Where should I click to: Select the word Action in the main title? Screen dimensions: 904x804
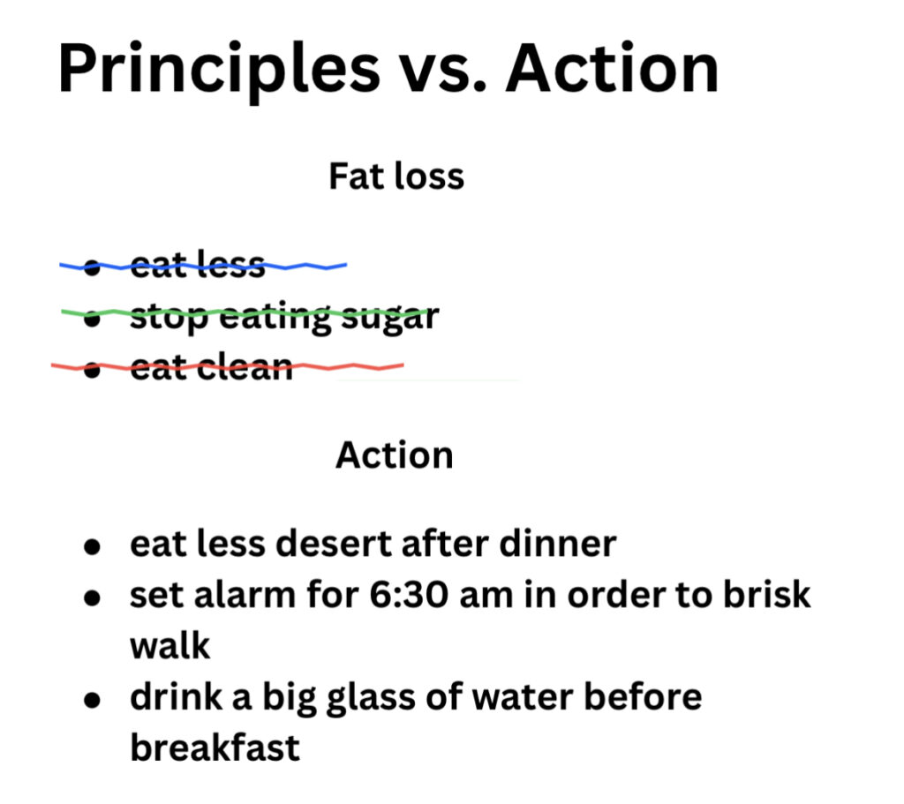613,68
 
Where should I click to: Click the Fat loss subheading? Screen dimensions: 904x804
396,176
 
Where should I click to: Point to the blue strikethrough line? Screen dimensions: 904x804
203,267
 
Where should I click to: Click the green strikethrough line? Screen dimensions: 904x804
245,312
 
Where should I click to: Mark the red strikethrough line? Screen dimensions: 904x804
227,366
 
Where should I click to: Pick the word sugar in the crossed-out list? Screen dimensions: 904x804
390,318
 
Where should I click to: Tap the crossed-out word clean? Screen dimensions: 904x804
245,367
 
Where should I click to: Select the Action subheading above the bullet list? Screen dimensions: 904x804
395,455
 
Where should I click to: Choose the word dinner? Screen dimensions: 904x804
558,544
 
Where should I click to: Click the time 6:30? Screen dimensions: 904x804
408,595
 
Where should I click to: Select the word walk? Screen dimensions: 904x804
170,645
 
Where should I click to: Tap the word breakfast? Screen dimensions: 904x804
215,748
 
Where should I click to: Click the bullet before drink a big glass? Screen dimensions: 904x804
92,700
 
